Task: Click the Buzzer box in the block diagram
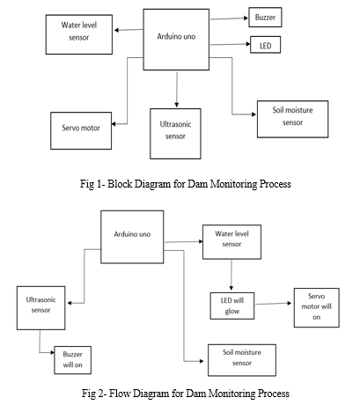pos(265,18)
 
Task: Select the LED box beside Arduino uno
pos(265,45)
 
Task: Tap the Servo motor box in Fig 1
pos(81,130)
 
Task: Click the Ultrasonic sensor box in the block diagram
pos(175,134)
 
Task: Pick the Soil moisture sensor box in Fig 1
pos(292,119)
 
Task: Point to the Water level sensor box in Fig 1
pos(79,34)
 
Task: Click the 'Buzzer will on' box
pos(72,360)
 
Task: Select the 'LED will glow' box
pos(232,306)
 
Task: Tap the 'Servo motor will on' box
pos(317,307)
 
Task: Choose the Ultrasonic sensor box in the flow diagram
pos(40,308)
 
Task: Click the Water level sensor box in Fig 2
pos(231,242)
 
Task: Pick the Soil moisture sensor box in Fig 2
pos(242,360)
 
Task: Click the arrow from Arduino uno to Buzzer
pos(230,18)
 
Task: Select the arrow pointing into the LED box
pos(231,44)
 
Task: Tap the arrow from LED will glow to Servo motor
pos(274,304)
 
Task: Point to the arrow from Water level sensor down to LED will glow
pos(231,276)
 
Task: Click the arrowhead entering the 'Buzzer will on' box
pos(53,352)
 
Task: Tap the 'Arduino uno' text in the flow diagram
pos(132,234)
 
